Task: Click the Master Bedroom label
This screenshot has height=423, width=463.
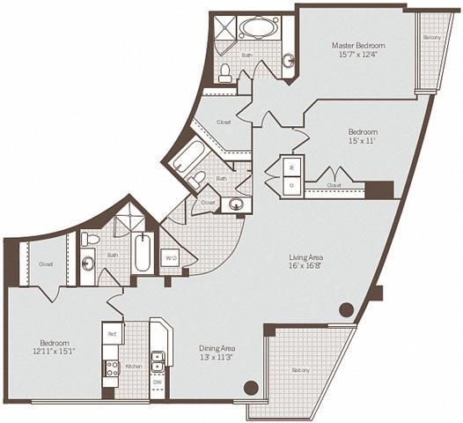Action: pyautogui.click(x=356, y=45)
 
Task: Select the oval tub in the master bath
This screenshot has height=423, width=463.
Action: pyautogui.click(x=258, y=27)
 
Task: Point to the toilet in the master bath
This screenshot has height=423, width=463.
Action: pyautogui.click(x=225, y=70)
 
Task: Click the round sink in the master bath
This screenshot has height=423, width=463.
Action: pyautogui.click(x=288, y=61)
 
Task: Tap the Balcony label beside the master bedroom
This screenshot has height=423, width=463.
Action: pyautogui.click(x=431, y=38)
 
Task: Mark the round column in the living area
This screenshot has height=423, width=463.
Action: pyautogui.click(x=347, y=309)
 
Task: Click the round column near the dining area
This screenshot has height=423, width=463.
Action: pyautogui.click(x=251, y=386)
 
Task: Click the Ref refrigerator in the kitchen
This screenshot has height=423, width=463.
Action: pyautogui.click(x=111, y=334)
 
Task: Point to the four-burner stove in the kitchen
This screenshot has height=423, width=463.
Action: pyautogui.click(x=112, y=369)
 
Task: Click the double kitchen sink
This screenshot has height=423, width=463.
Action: pyautogui.click(x=158, y=360)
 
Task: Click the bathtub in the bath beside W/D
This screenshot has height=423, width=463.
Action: pyautogui.click(x=143, y=254)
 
